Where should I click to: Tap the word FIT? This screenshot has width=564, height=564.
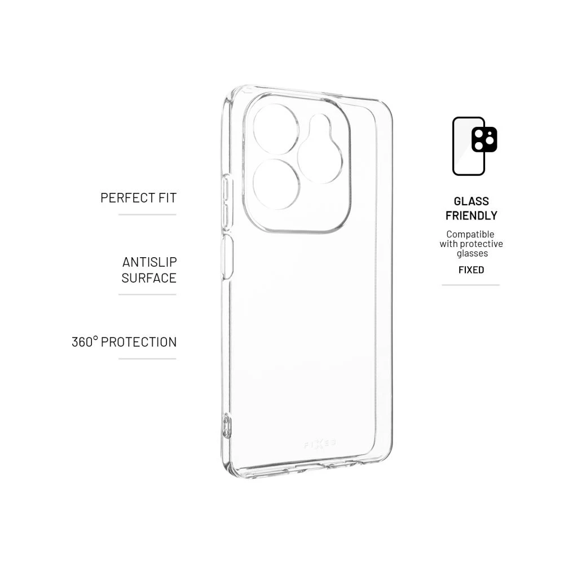(x=168, y=198)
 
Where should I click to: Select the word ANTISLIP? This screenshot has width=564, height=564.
(x=149, y=262)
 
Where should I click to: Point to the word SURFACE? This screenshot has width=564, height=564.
(x=149, y=278)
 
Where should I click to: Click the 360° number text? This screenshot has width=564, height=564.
(x=85, y=342)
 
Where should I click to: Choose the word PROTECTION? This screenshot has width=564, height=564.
(x=139, y=342)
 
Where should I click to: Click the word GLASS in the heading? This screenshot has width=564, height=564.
(x=471, y=201)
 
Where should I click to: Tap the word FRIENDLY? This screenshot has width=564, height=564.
(x=471, y=215)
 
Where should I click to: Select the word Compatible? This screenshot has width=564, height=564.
(x=470, y=234)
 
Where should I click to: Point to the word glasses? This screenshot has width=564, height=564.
(x=472, y=253)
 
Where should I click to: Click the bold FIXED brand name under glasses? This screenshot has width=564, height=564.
(x=471, y=270)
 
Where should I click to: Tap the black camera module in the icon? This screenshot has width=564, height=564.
(x=484, y=139)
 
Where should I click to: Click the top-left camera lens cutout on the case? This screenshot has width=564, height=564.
(x=276, y=129)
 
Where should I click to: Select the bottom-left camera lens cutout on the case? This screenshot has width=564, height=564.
(x=276, y=184)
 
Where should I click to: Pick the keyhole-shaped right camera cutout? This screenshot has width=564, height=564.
(x=320, y=148)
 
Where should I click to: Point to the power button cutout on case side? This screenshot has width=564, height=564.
(x=227, y=257)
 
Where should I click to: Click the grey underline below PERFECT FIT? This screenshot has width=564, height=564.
(x=147, y=215)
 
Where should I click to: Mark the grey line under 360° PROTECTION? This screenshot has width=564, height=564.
(x=147, y=359)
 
